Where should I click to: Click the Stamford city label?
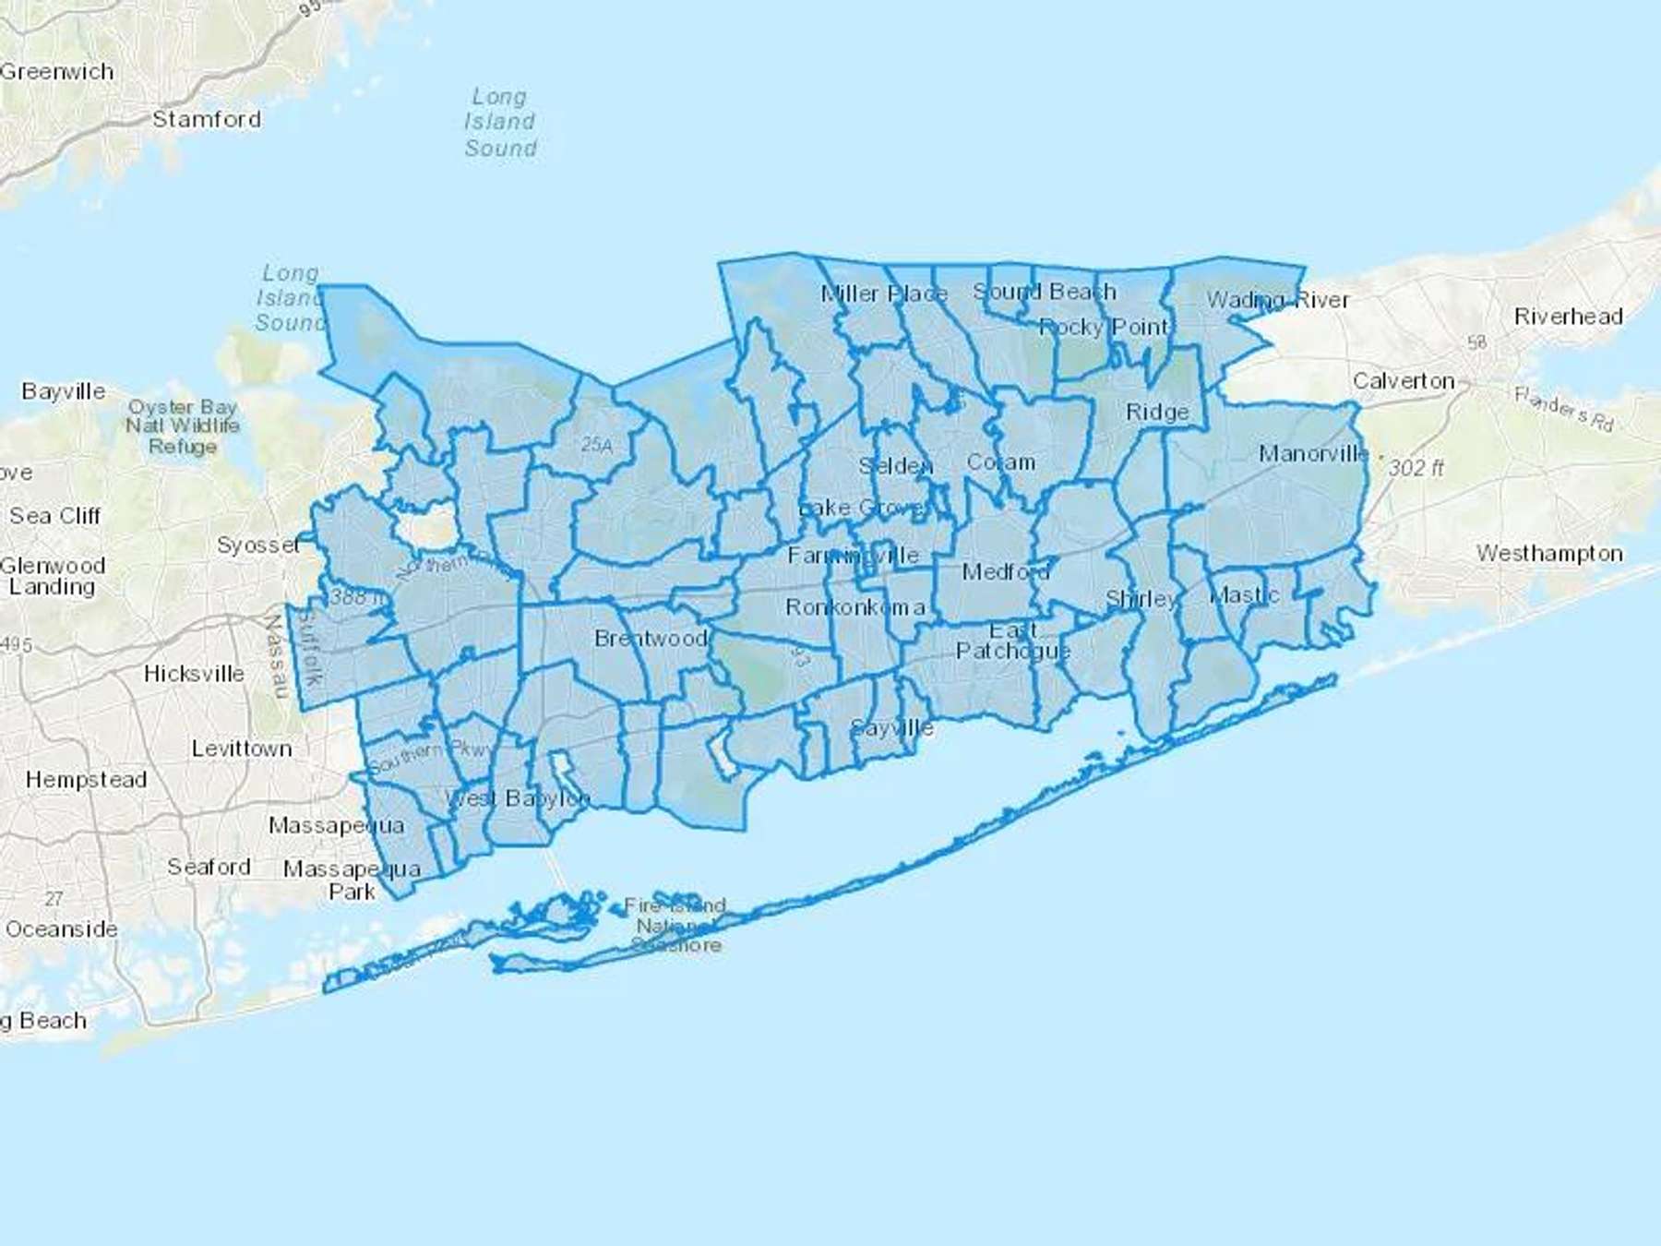(x=207, y=119)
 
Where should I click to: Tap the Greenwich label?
(x=57, y=71)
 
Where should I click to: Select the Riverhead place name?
(x=1568, y=317)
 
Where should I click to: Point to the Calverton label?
(x=1404, y=380)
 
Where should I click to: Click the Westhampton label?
(x=1549, y=553)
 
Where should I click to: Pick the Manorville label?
(x=1314, y=453)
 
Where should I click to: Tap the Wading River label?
(x=1278, y=300)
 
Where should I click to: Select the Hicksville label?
(x=194, y=674)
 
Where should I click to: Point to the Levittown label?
(x=242, y=749)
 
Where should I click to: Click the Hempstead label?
(x=86, y=780)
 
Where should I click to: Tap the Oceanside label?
(x=62, y=929)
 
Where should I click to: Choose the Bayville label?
(x=64, y=391)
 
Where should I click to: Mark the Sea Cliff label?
(x=54, y=516)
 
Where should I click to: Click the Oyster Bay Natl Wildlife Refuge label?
(x=183, y=426)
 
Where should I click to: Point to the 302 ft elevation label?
(x=1416, y=468)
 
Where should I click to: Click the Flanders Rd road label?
(x=1563, y=409)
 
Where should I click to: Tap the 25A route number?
(x=596, y=445)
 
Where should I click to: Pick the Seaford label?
(x=209, y=867)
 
